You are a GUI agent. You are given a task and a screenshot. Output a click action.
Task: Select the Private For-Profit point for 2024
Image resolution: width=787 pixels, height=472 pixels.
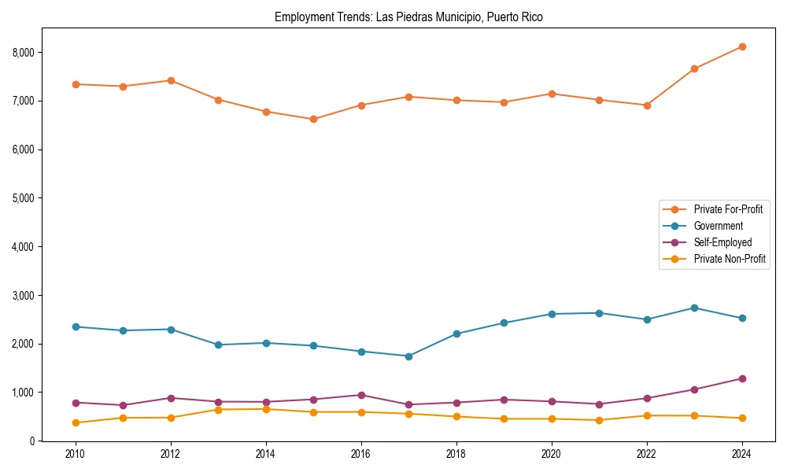coord(742,47)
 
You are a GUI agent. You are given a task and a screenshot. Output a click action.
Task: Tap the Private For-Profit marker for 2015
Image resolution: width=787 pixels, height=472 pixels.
coord(313,120)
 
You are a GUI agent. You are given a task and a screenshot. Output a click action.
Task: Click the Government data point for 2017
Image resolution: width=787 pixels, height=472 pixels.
coord(408,356)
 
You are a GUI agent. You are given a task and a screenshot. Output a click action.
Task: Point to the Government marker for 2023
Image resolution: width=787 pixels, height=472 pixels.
coord(694,308)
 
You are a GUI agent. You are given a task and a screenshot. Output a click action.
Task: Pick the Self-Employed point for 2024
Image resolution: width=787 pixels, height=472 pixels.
coord(742,378)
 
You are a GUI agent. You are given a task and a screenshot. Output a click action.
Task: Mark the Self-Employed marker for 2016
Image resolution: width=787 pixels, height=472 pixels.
coord(361,395)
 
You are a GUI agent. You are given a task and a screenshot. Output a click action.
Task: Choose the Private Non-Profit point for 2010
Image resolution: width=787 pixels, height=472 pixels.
coord(76,422)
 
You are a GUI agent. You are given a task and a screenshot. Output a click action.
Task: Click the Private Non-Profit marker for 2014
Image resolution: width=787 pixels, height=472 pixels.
coord(266,409)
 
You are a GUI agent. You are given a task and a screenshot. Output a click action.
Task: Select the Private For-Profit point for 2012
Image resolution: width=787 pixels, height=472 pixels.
coord(171,80)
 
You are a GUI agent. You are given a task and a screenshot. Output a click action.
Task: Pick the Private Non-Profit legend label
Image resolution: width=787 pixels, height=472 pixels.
coord(730,259)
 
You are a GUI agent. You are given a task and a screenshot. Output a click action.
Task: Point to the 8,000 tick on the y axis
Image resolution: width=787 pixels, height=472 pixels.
coord(31,53)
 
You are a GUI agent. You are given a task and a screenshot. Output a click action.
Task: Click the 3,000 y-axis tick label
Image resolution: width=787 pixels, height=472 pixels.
coord(31,296)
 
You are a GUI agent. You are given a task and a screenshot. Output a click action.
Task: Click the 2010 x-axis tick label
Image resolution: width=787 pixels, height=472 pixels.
coord(76,454)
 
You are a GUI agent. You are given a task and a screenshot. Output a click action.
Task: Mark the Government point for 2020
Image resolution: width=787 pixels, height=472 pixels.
coord(552,314)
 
